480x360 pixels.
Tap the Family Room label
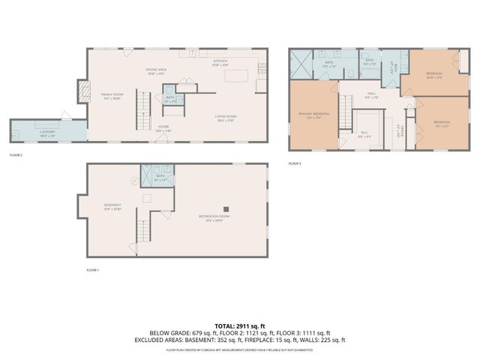[x=111, y=96]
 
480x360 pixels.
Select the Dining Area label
[x=156, y=71]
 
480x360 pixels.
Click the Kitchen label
[x=220, y=64]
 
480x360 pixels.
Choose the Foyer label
[x=163, y=128]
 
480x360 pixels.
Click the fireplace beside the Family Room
[x=82, y=91]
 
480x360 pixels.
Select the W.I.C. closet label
[x=363, y=135]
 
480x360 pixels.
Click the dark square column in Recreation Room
[x=224, y=208]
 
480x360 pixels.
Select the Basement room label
[x=112, y=206]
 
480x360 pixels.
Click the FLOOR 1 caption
[x=93, y=269]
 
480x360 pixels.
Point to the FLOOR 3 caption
[x=295, y=163]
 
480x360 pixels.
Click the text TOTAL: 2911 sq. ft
[x=240, y=326]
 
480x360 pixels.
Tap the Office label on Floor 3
[x=402, y=133]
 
